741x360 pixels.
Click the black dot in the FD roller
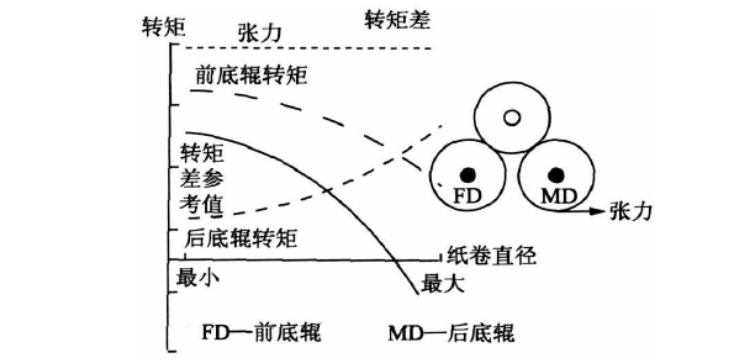[x=467, y=172]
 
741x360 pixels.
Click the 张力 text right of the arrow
[x=628, y=211]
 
